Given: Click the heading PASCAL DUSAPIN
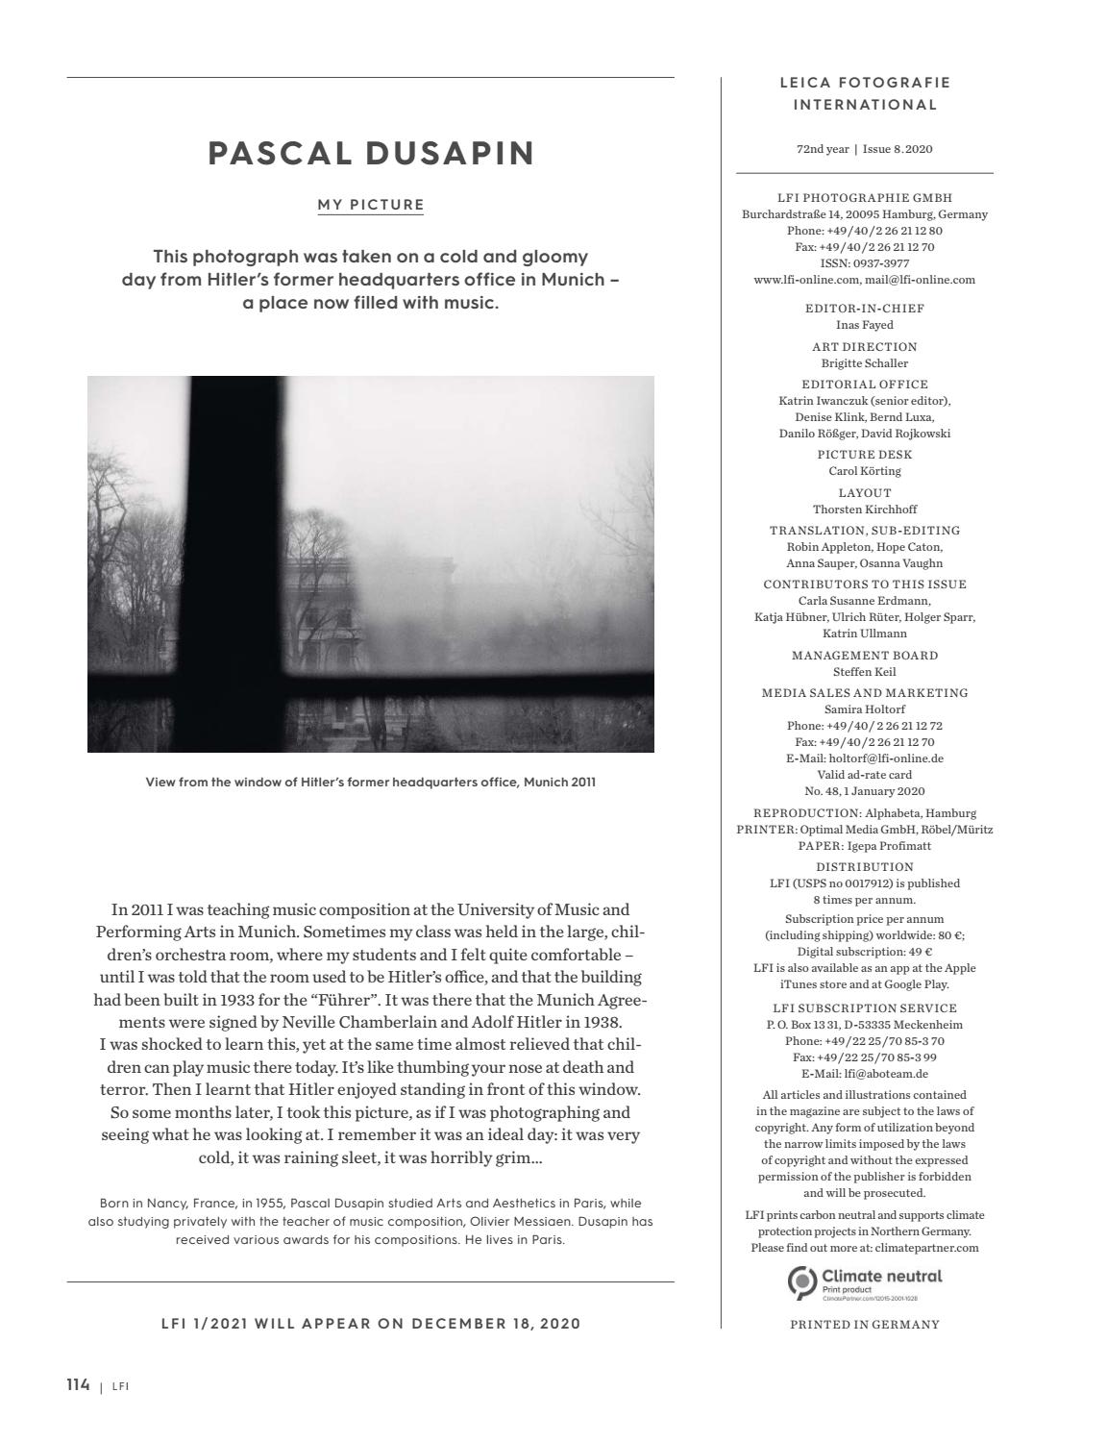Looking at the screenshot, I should tap(371, 153).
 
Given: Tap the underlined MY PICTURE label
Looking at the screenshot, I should tap(371, 205).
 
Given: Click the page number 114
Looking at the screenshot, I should tap(78, 1384).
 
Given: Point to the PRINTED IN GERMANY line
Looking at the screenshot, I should tap(864, 1324).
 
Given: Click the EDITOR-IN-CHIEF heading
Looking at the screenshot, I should tap(864, 309).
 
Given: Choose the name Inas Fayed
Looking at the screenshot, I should tap(864, 325).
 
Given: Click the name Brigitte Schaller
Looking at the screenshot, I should tap(864, 363).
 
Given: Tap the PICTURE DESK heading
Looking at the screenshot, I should tap(864, 455).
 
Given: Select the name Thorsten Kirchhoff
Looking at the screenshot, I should tap(864, 510).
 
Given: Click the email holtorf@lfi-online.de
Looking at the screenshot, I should tap(865, 758).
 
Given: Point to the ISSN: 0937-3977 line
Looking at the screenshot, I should tap(864, 263).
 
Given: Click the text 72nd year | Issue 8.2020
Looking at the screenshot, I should tap(864, 149).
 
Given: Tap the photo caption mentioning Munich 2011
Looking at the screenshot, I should tap(371, 782).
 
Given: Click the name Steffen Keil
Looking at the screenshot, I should tap(864, 672).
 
